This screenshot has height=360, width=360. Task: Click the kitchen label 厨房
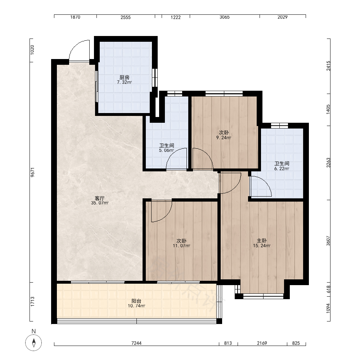coord(124,78)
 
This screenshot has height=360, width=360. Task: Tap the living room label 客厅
coord(100,198)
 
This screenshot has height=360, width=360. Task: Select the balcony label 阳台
coord(136,301)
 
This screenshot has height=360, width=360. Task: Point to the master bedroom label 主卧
coord(261,240)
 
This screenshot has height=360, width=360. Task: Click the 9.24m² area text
coord(224,138)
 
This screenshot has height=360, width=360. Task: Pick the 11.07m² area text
coord(181,246)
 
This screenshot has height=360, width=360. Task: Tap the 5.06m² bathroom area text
coord(166,150)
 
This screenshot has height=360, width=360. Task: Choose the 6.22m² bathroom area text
coord(282,168)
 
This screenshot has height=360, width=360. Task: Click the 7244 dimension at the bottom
coord(136,343)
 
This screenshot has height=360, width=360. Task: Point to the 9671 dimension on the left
coord(33,172)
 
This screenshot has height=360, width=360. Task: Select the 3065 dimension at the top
coord(225,17)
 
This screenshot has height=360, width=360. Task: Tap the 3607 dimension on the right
coord(328,241)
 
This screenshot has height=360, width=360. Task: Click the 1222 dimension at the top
coord(176,17)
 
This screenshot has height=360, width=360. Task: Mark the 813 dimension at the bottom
coord(228,343)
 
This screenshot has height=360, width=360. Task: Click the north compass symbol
coord(33,343)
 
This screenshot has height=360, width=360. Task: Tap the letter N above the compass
coord(34,331)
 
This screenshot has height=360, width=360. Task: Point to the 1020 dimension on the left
coord(32,50)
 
